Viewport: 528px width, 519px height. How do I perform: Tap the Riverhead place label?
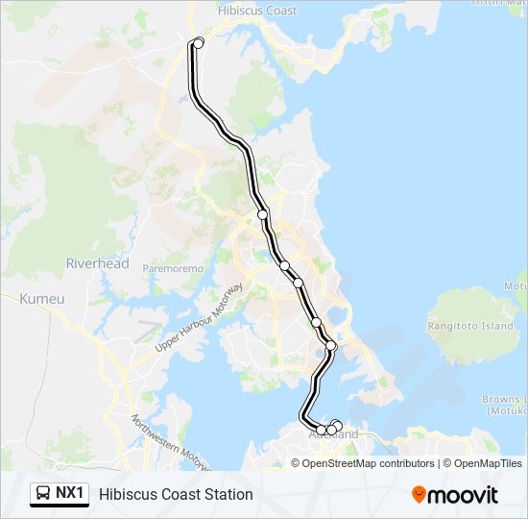[x=97, y=263]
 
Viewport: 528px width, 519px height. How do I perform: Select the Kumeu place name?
[x=42, y=299]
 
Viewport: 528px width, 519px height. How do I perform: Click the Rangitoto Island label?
[x=470, y=326]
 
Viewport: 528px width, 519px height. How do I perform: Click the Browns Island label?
[x=503, y=399]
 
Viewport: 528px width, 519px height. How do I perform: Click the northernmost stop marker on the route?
[x=199, y=42]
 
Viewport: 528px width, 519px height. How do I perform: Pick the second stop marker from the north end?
[x=262, y=214]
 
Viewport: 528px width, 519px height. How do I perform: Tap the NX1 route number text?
[x=71, y=494]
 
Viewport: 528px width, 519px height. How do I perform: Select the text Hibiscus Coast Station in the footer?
[x=176, y=494]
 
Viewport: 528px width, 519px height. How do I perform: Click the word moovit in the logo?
[x=464, y=494]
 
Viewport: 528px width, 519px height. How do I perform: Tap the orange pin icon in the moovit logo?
[x=420, y=494]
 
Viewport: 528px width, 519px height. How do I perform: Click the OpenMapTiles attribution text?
[x=488, y=463]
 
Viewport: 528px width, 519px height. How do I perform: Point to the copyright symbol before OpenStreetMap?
[x=296, y=463]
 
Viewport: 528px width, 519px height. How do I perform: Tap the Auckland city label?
[x=340, y=435]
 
